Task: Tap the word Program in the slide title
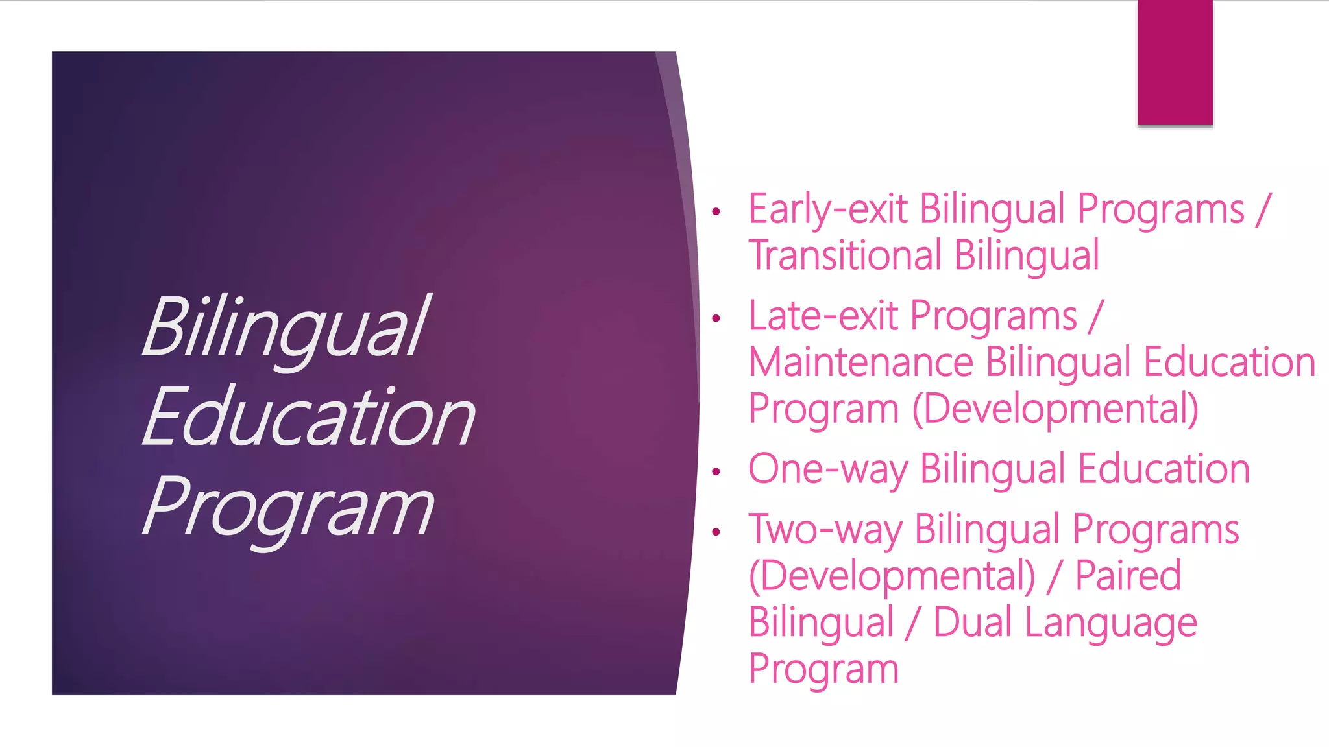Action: tap(288, 507)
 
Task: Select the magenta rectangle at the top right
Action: tap(1175, 62)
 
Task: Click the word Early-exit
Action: tap(828, 209)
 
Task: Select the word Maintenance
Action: tap(860, 362)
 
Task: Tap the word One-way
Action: tap(827, 469)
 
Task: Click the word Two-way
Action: tap(825, 530)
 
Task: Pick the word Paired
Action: tap(1128, 576)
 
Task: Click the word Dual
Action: tap(971, 622)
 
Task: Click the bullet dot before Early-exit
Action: tap(716, 211)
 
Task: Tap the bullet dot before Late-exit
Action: tap(716, 318)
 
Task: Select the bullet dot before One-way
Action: tap(716, 471)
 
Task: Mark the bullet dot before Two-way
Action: tap(716, 532)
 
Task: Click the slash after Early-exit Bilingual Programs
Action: tap(1262, 209)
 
